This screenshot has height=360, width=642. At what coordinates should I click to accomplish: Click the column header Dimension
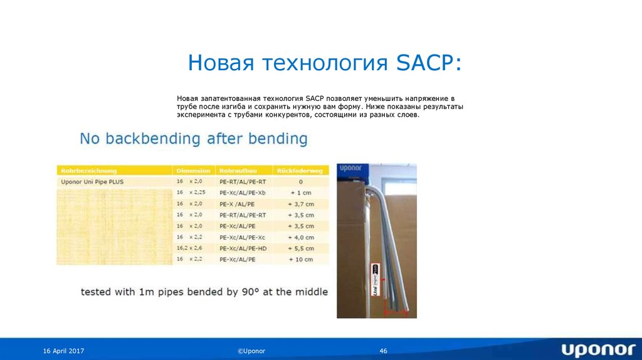pos(193,171)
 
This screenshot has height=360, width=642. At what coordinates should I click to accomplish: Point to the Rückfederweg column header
pos(300,171)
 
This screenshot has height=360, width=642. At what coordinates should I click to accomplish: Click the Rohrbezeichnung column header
pos(88,171)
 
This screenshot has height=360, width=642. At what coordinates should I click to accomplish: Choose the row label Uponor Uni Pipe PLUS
pos(93,181)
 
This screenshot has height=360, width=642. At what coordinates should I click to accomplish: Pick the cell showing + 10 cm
pos(300,259)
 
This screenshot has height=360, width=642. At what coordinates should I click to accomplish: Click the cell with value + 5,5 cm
pos(300,248)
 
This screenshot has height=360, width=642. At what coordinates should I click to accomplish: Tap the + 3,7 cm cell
pos(300,204)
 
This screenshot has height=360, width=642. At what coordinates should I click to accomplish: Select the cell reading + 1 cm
pos(300,193)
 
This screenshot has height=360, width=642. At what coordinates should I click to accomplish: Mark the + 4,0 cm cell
pos(300,237)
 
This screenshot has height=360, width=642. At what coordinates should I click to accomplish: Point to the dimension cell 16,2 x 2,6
pos(190,248)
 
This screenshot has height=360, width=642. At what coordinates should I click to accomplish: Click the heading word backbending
pos(150,139)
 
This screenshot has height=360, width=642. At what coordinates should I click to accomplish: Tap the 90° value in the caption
pos(251,292)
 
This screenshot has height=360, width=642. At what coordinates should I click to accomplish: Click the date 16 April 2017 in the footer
pos(64,351)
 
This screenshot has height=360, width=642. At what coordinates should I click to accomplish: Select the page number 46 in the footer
pos(384,351)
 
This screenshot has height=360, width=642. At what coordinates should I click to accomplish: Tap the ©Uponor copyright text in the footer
pos(251,351)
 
